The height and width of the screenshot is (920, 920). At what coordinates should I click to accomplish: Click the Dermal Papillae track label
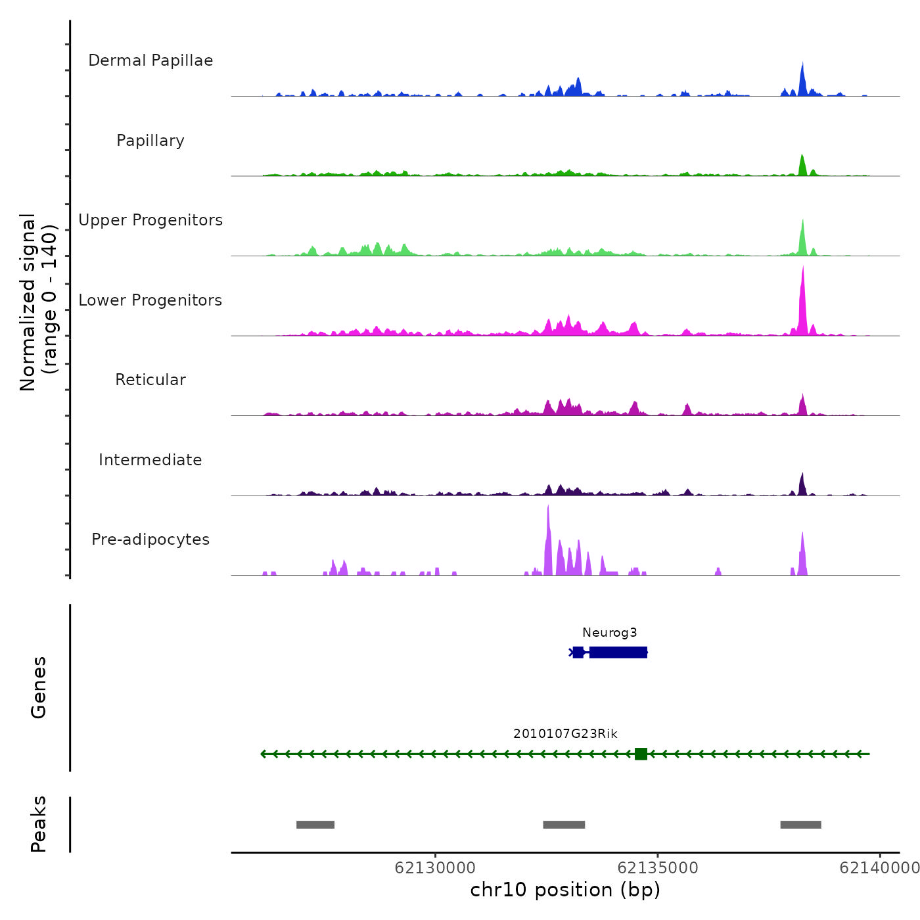[150, 60]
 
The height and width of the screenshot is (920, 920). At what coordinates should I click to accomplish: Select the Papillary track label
[150, 141]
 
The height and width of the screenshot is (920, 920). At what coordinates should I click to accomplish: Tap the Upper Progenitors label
[150, 220]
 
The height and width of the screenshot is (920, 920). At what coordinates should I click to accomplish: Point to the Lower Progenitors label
[150, 300]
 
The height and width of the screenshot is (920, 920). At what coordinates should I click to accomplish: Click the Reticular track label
[150, 380]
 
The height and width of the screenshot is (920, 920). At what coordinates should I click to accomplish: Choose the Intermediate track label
[150, 460]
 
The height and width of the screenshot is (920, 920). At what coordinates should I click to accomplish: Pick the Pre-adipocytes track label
[150, 540]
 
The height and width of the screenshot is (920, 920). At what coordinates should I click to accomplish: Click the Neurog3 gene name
[609, 633]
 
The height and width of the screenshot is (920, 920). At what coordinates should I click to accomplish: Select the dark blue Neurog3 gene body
[618, 652]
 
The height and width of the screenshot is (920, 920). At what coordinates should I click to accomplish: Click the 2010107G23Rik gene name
[565, 734]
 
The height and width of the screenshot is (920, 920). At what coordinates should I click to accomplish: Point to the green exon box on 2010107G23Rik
[641, 754]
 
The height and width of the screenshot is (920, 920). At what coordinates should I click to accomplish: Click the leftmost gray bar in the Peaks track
[315, 825]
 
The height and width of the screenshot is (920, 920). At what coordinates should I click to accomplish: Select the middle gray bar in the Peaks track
[564, 825]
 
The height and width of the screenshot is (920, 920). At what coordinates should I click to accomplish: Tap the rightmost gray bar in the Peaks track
[800, 825]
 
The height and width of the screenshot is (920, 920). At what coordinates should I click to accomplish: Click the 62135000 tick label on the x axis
[658, 868]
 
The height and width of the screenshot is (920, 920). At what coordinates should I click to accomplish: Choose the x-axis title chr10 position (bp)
[565, 890]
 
